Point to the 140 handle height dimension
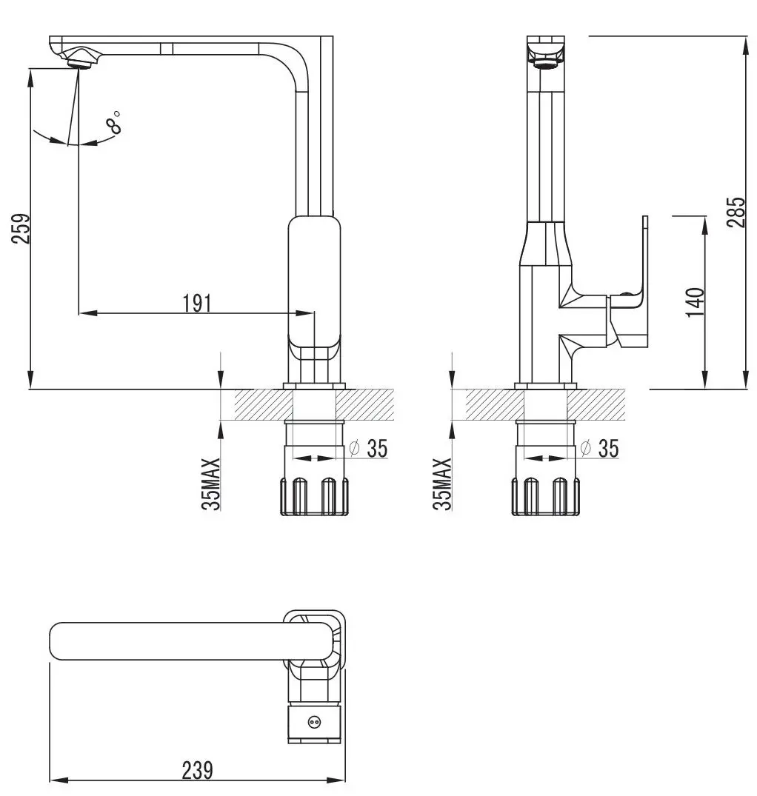coord(694,303)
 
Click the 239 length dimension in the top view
coord(197,770)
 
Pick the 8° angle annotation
coord(113,122)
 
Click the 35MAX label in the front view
coord(212,484)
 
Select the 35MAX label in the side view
coord(443,484)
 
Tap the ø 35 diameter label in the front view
coord(368,448)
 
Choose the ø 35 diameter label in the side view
coord(599,448)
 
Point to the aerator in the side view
coord(546,64)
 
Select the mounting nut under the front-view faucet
coord(314,495)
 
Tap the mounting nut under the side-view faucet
coord(545,495)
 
